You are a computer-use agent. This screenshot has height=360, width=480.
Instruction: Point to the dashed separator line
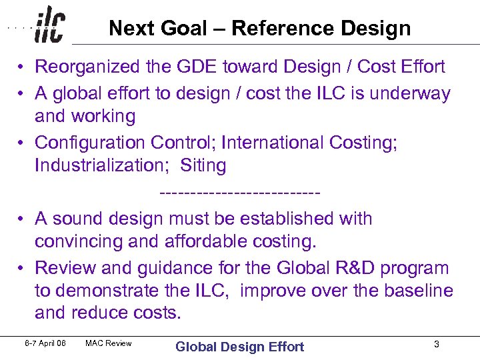point(240,193)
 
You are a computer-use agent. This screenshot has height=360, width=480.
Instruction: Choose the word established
point(287,219)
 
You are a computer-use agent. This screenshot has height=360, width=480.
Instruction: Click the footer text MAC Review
point(109,344)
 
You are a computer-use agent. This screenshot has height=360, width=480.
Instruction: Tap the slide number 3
point(436,345)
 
